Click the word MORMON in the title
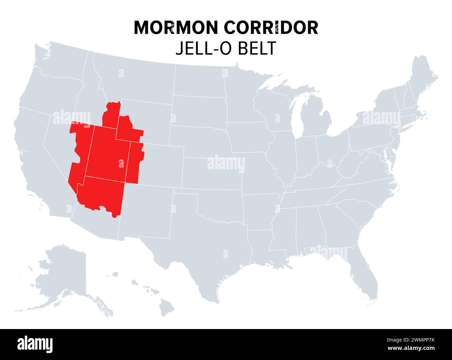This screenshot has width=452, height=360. (177, 27)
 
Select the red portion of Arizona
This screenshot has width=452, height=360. (101, 195)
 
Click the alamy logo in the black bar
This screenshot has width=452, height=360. (35, 344)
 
